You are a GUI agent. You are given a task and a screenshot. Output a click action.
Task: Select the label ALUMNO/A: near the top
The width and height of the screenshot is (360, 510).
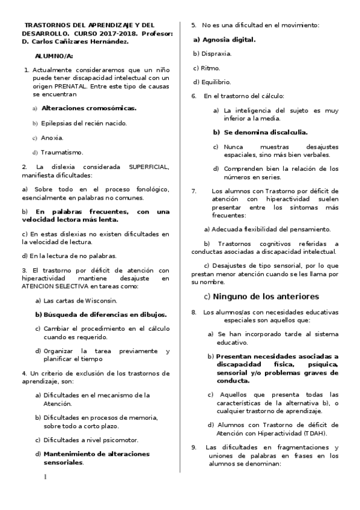(x=53, y=56)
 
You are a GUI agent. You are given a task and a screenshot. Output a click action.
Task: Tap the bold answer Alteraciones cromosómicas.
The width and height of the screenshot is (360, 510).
(x=89, y=108)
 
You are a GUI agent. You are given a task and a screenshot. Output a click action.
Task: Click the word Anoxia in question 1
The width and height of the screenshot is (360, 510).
(x=52, y=138)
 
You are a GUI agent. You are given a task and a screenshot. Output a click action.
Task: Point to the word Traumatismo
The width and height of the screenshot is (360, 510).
(x=62, y=152)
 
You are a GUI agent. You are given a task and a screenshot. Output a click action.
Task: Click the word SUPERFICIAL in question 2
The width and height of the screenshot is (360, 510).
(x=148, y=167)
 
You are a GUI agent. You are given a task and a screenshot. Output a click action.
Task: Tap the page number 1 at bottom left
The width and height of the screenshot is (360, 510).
(x=45, y=478)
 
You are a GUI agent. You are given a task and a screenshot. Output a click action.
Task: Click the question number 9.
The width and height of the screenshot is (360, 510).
(x=194, y=447)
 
